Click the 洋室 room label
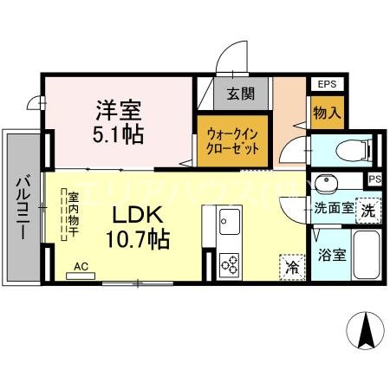[x=120, y=112]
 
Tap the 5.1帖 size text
[x=120, y=135]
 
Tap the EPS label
[x=327, y=84]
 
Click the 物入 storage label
[x=326, y=113]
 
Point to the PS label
[x=374, y=179]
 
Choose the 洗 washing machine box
[x=367, y=210]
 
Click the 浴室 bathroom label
[x=331, y=256]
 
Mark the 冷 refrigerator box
[x=292, y=267]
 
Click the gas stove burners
[x=231, y=263]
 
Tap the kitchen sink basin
[x=231, y=218]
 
